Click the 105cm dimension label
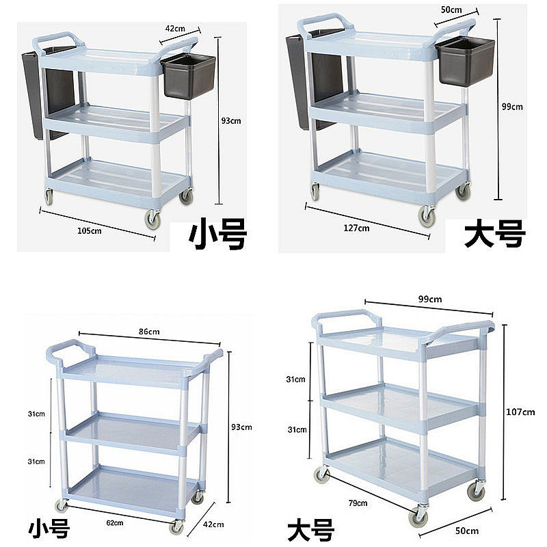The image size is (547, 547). point(89,230)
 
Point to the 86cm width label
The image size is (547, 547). point(149,332)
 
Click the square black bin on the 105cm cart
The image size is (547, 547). point(189,77)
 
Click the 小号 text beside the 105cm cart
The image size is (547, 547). point(217,235)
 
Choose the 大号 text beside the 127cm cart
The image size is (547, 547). point(494,234)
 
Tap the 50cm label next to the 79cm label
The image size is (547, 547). point(468,531)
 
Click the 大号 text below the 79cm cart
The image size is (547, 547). point(310,531)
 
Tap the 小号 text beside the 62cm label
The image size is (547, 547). point(49,530)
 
